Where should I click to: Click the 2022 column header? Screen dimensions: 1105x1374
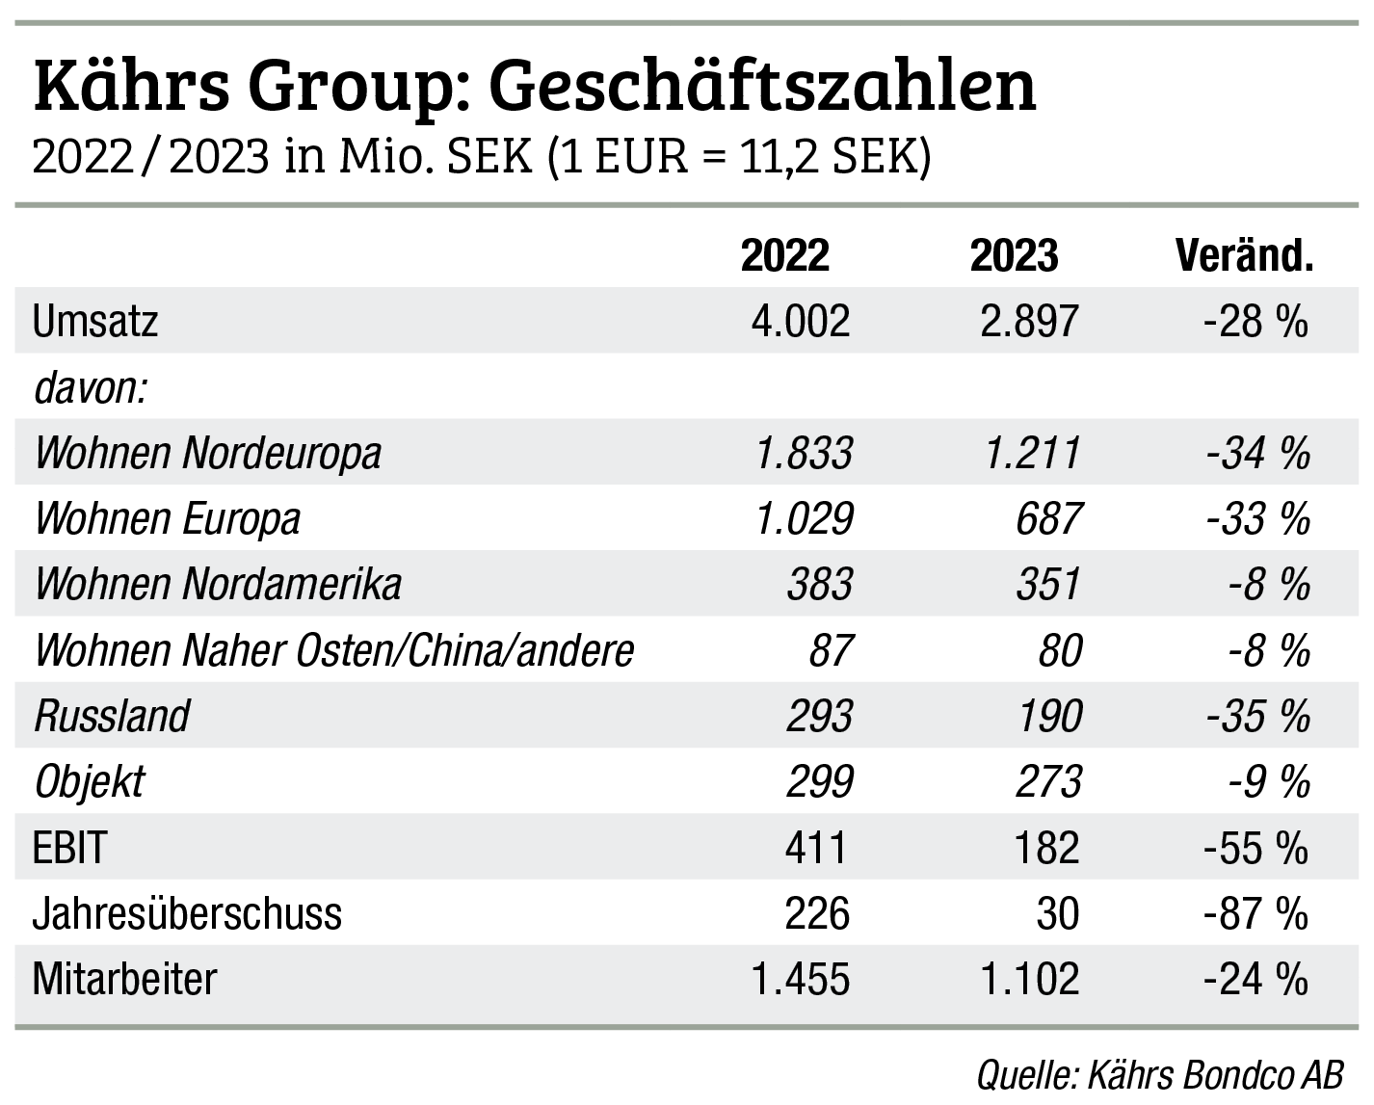pyautogui.click(x=784, y=256)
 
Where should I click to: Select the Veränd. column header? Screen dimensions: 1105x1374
pyautogui.click(x=1244, y=256)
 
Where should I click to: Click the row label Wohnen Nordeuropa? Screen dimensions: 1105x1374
pyautogui.click(x=208, y=453)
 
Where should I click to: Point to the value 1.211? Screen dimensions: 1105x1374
pyautogui.click(x=1032, y=453)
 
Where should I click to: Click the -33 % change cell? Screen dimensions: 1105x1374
pyautogui.click(x=1257, y=518)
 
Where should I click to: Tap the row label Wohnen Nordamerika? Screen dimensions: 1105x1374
pyautogui.click(x=219, y=585)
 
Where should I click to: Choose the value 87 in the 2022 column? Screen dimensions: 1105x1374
pyautogui.click(x=830, y=650)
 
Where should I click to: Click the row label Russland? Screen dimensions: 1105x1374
pyautogui.click(x=113, y=716)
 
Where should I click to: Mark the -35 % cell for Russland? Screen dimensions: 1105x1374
pyautogui.click(x=1257, y=716)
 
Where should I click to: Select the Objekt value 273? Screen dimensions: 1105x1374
pyautogui.click(x=1048, y=781)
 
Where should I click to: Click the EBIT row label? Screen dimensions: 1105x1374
pyautogui.click(x=69, y=848)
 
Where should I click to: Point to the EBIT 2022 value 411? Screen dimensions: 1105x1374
pyautogui.click(x=817, y=848)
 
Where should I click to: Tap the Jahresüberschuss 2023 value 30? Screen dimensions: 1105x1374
pyautogui.click(x=1058, y=913)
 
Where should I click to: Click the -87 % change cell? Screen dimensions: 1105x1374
pyautogui.click(x=1255, y=913)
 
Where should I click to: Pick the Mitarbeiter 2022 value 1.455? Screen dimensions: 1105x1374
pyautogui.click(x=801, y=979)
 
